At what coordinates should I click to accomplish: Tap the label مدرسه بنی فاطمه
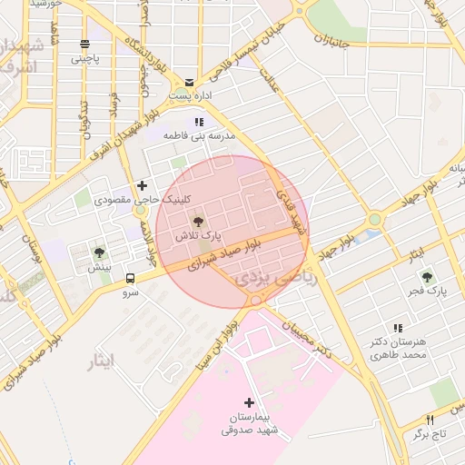pos(199,134)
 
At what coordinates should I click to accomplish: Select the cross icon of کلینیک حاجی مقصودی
pos(142,185)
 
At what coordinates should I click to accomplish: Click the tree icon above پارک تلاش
pos(197,220)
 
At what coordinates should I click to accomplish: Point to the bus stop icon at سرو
pos(131,279)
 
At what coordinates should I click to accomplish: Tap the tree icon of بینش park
pos(99,252)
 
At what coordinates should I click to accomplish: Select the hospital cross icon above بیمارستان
pos(250,402)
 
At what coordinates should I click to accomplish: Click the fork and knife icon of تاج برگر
pos(430,420)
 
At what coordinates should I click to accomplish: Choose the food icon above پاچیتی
pos(84,45)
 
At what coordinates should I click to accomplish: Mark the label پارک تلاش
pos(199,235)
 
